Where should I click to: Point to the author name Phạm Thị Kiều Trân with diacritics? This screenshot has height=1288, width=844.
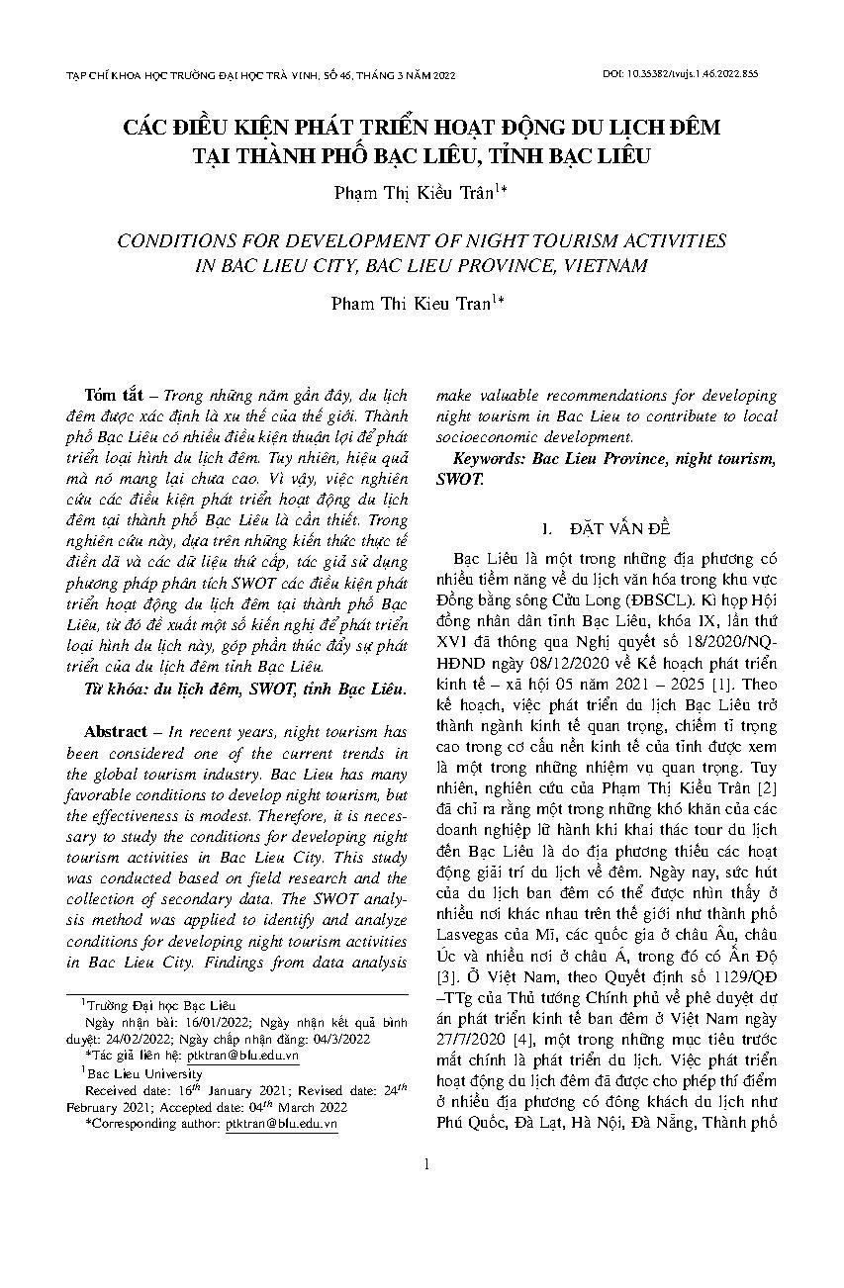pos(414,193)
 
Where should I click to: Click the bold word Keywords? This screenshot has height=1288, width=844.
pos(490,459)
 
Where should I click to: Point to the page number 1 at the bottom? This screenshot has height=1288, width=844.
pos(425,1164)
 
